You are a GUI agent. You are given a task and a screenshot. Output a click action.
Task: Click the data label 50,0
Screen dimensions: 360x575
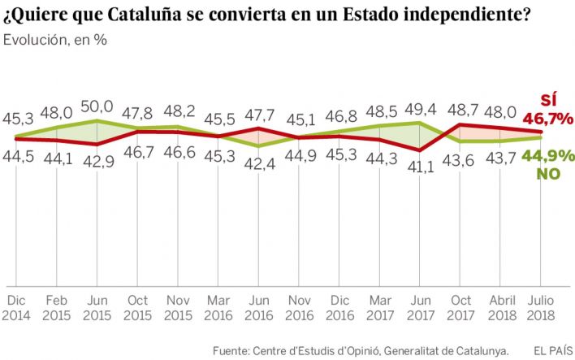(97, 106)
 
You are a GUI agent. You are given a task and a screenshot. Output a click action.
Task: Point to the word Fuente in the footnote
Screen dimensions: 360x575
(233, 350)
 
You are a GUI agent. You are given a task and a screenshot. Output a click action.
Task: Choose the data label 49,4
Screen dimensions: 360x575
(419, 106)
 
